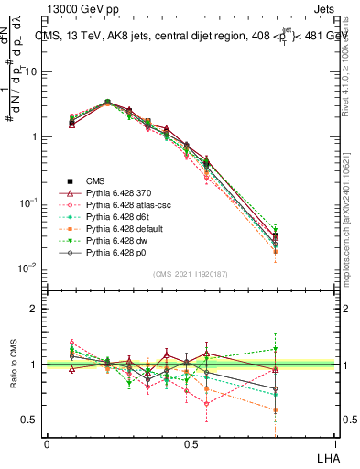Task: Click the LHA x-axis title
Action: [x=326, y=457]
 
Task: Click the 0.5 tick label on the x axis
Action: [x=190, y=443]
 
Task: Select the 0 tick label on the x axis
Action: [x=47, y=443]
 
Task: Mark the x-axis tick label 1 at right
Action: [x=333, y=443]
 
